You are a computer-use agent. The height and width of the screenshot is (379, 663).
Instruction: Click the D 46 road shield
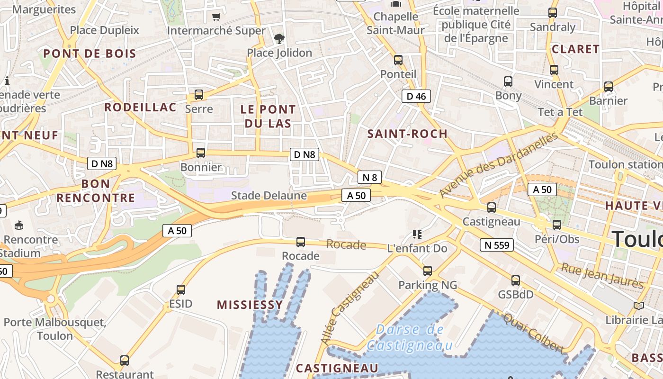tap(416, 97)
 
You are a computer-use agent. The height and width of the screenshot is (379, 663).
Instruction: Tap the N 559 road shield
tap(497, 245)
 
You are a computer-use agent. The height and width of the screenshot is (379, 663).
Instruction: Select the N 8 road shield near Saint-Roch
tap(369, 178)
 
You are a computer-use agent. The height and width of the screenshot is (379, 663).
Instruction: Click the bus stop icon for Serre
tap(199, 95)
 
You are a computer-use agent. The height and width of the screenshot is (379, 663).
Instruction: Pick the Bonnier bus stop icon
tap(201, 153)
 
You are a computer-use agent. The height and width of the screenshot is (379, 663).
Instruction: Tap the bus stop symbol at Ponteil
tap(398, 60)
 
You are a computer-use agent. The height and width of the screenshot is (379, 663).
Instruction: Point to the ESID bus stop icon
tap(181, 289)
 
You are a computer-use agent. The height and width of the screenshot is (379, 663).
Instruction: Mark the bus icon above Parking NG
tap(428, 271)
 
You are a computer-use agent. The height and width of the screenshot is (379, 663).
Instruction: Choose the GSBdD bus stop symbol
tap(516, 280)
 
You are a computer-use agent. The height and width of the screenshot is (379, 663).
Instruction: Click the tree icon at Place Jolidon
tap(279, 38)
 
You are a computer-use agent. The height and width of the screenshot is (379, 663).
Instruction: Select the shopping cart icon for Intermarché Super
tap(216, 17)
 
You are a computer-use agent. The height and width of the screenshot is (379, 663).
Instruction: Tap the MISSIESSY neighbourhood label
tap(250, 305)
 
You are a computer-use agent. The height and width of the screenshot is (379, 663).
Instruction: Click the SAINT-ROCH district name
tap(408, 134)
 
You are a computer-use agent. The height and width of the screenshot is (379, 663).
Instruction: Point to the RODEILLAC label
tap(140, 108)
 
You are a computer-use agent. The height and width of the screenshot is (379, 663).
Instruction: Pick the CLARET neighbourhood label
tap(576, 49)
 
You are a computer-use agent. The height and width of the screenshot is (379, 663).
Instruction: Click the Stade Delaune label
tap(269, 196)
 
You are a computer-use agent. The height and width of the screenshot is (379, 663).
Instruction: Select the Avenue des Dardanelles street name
tap(499, 165)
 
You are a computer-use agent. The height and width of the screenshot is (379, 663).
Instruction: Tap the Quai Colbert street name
tap(534, 334)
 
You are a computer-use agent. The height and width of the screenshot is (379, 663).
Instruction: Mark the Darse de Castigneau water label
tap(411, 337)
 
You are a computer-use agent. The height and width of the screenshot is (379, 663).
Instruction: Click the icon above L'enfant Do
tap(417, 234)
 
